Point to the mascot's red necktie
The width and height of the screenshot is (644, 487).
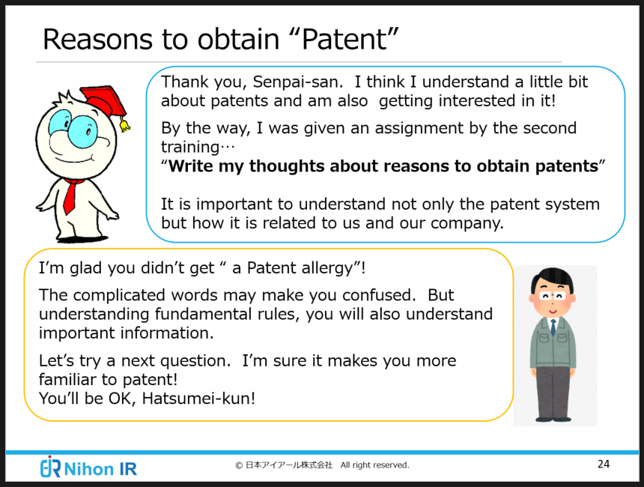tap(70, 196)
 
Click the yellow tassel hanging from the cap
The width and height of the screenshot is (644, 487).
tap(124, 124)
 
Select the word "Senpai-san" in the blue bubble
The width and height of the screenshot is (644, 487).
tap(297, 82)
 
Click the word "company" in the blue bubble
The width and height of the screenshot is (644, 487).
tap(466, 224)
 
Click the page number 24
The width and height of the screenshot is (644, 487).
tap(604, 464)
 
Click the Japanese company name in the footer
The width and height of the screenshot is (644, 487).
tap(289, 465)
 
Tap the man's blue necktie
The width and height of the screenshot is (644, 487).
tap(553, 327)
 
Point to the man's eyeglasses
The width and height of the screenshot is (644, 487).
tap(553, 296)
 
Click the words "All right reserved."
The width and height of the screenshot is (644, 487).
tap(374, 465)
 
